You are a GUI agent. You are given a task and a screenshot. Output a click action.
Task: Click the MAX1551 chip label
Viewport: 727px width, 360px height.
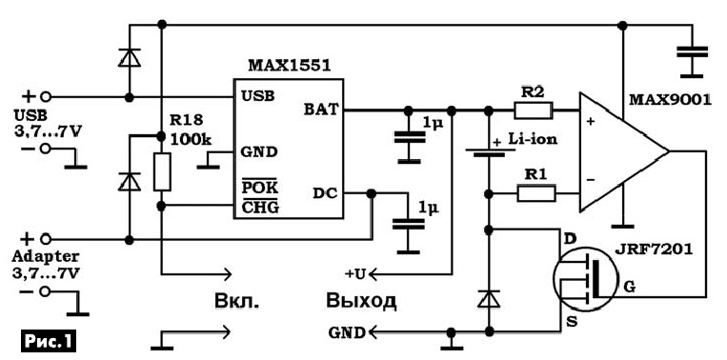pos(290,66)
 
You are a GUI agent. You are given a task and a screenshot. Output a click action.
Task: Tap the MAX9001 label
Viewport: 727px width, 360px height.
pos(670,100)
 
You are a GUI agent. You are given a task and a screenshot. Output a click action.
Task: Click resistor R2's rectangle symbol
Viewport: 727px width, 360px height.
pos(534,110)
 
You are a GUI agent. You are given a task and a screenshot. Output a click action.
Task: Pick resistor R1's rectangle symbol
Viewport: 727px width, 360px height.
pos(536,193)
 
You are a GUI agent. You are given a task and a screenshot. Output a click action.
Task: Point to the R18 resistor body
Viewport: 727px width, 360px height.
pos(162,171)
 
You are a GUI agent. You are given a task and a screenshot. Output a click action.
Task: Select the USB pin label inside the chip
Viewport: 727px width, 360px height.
pos(257,95)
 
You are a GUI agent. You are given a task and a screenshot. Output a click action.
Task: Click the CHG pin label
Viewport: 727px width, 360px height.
pos(261,207)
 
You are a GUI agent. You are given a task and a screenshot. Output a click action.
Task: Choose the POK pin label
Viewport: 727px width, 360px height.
pos(260,189)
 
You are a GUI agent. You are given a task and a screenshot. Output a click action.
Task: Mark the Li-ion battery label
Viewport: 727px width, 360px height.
pos(532,138)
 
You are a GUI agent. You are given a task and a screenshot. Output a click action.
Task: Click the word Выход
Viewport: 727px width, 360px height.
pos(361,300)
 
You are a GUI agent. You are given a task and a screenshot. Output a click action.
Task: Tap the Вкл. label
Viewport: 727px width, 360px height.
pos(236,301)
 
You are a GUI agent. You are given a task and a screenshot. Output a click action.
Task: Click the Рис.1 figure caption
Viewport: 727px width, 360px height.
pos(48,342)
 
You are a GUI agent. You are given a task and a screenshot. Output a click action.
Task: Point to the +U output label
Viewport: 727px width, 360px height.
pos(355,274)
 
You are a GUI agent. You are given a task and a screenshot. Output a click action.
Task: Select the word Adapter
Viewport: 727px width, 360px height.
pos(46,256)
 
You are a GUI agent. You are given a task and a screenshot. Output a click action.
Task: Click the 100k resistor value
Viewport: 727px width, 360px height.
pos(191,138)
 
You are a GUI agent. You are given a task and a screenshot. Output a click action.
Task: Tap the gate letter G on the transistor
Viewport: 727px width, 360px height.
pos(630,288)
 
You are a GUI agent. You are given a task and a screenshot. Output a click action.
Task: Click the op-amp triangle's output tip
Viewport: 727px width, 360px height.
pos(669,151)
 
